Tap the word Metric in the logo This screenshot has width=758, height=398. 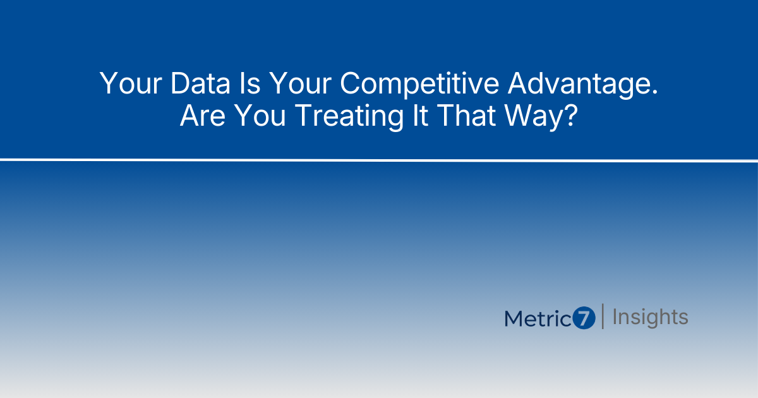coord(538,318)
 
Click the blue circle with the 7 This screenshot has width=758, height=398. coord(584,318)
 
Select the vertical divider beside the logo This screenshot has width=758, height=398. coord(603,317)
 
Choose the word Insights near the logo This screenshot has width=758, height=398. coord(650,317)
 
